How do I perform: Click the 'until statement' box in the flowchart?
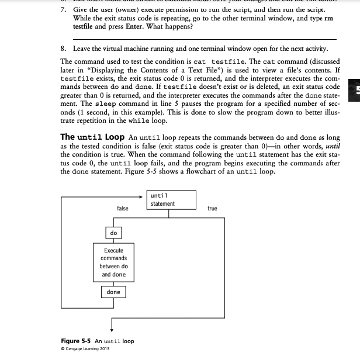[x=171, y=200]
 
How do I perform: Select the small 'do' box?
[x=113, y=233]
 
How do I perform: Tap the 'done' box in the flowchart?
[x=113, y=292]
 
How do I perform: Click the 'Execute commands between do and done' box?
[x=113, y=262]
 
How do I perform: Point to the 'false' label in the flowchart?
[x=123, y=208]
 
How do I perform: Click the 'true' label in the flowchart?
[x=212, y=208]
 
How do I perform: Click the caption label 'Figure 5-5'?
[x=77, y=341]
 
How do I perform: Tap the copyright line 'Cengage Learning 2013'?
[x=87, y=349]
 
